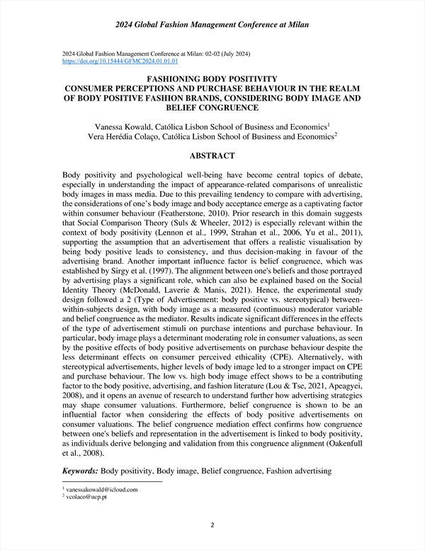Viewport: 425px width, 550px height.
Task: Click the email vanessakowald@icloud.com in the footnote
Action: (102, 489)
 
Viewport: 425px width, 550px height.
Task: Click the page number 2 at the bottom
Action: (212, 525)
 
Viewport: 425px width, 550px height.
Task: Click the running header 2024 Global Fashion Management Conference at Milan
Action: (212, 26)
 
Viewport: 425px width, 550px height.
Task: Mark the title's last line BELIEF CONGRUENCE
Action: (212, 108)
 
